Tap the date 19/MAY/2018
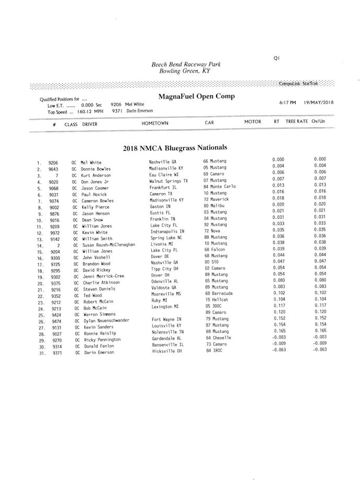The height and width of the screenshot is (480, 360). (319, 102)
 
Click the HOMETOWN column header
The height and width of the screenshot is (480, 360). (155, 123)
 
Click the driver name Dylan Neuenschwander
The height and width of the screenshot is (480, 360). (106, 320)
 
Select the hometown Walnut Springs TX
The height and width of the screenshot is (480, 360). (168, 181)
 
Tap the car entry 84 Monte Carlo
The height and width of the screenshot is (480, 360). (220, 186)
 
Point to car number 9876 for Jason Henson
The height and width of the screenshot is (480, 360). (54, 214)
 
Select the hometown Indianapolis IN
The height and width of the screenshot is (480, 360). (167, 231)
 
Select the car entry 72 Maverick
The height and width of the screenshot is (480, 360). (216, 199)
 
